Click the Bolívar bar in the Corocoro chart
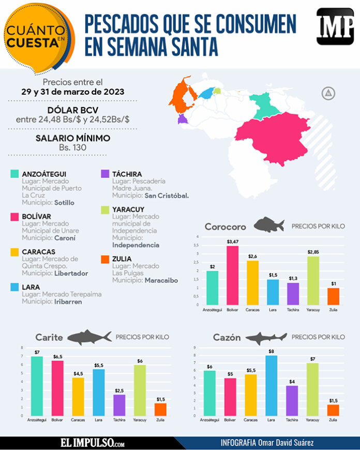point(233,275)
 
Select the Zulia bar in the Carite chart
point(160,409)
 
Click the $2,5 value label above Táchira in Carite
point(119,391)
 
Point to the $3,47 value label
point(233,242)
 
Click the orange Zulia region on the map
point(184,98)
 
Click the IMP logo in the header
point(335,27)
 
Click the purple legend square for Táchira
point(104,174)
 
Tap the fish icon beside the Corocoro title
point(268,226)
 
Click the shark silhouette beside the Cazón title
point(266,337)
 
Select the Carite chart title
point(49,338)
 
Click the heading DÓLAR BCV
point(72,110)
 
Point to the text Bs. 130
point(72,147)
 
